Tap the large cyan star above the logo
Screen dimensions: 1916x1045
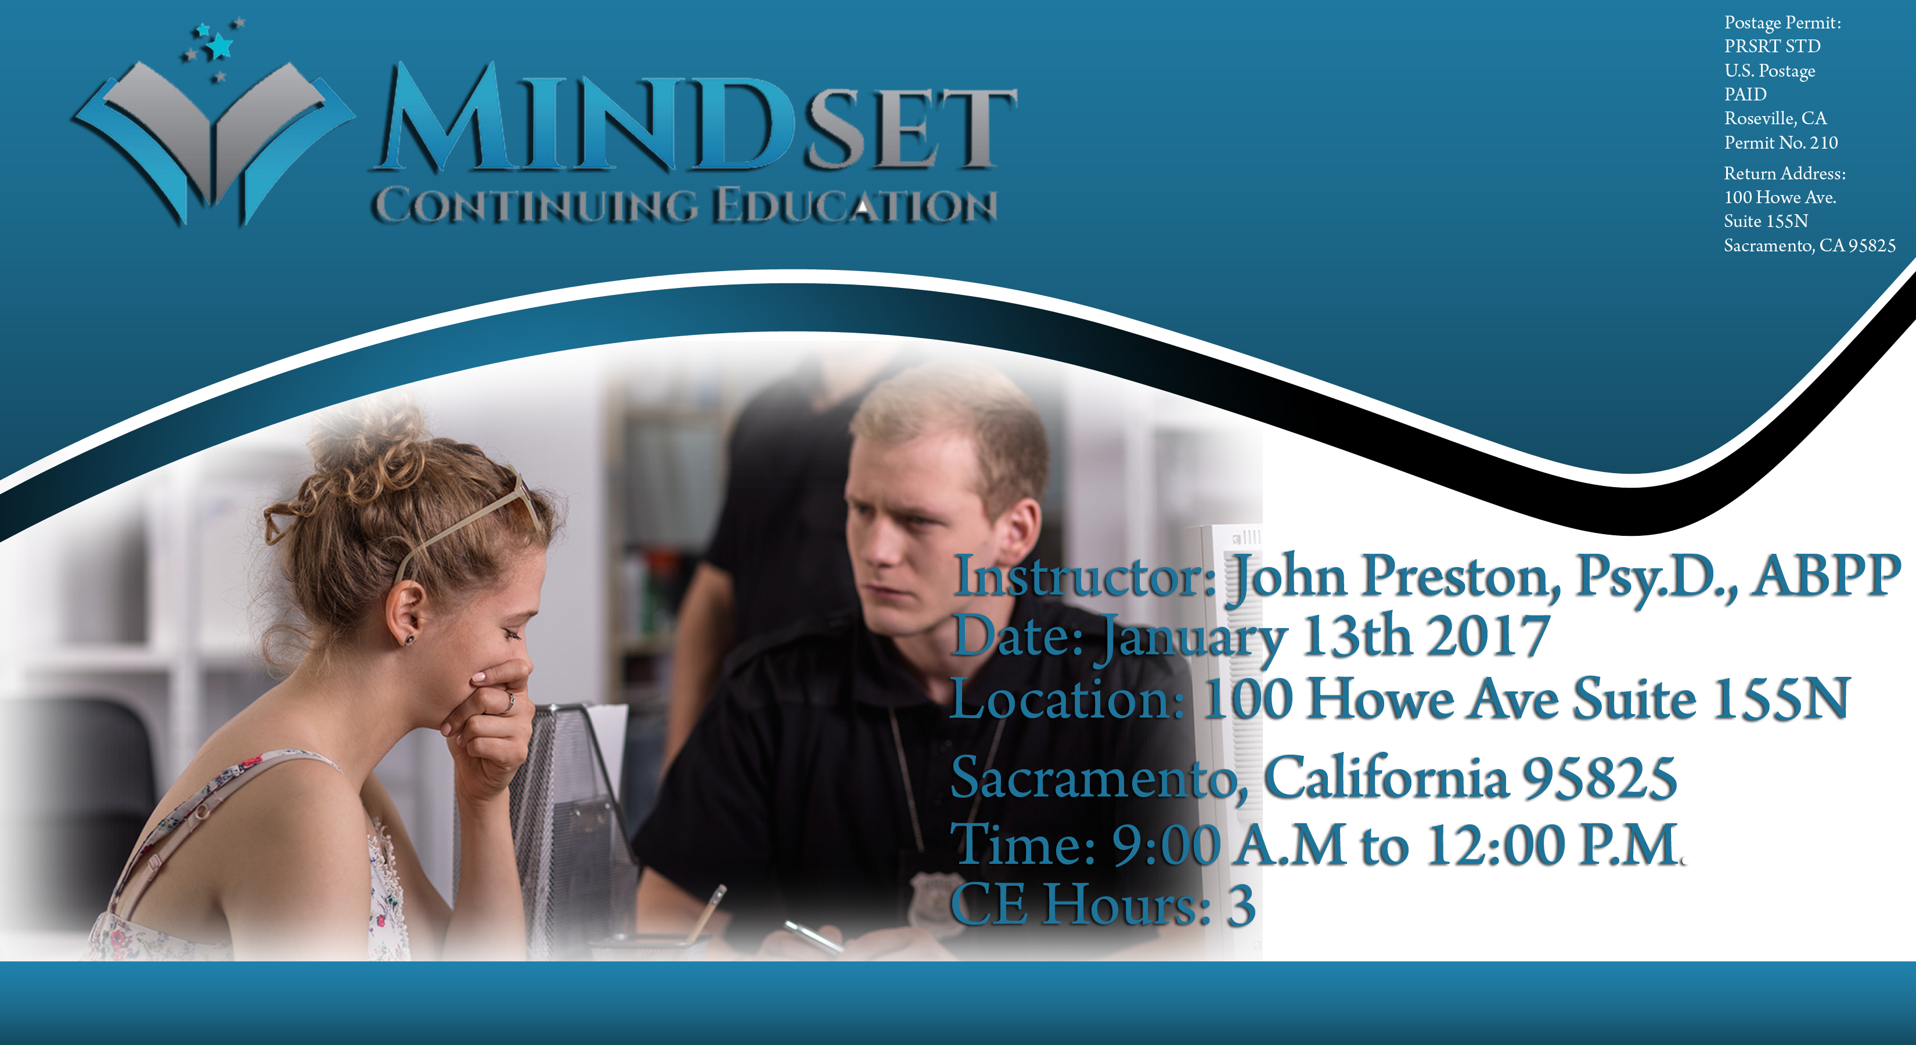point(219,46)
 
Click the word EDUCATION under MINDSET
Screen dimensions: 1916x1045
point(855,206)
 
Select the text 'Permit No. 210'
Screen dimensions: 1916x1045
point(1781,142)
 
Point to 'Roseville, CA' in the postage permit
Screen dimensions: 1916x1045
point(1775,118)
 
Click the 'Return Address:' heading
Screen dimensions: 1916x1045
point(1784,174)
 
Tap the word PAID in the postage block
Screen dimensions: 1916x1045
point(1745,95)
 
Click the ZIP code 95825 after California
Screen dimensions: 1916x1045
point(1599,778)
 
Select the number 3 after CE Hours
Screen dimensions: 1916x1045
point(1241,906)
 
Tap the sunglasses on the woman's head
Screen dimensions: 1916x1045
point(469,521)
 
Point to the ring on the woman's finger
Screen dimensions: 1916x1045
point(510,701)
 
